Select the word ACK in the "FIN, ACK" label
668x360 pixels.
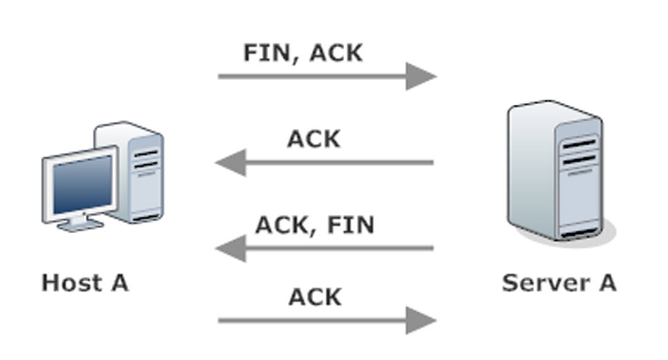click(x=336, y=53)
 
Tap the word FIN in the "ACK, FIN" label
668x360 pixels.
click(x=351, y=225)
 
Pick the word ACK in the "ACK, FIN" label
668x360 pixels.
click(x=282, y=225)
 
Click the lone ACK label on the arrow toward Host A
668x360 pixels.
click(x=314, y=139)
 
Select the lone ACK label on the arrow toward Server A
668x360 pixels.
click(x=315, y=297)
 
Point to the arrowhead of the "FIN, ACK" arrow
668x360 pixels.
click(x=421, y=77)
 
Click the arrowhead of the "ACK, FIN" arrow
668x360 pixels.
click(x=232, y=248)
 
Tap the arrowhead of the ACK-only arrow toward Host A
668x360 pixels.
click(x=232, y=162)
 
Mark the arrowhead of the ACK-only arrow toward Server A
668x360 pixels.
click(x=421, y=321)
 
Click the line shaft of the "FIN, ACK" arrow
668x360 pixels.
click(x=312, y=77)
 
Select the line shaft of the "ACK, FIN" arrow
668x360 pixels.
click(x=340, y=248)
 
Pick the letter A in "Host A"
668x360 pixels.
click(x=120, y=283)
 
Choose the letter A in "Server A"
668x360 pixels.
click(x=608, y=283)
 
